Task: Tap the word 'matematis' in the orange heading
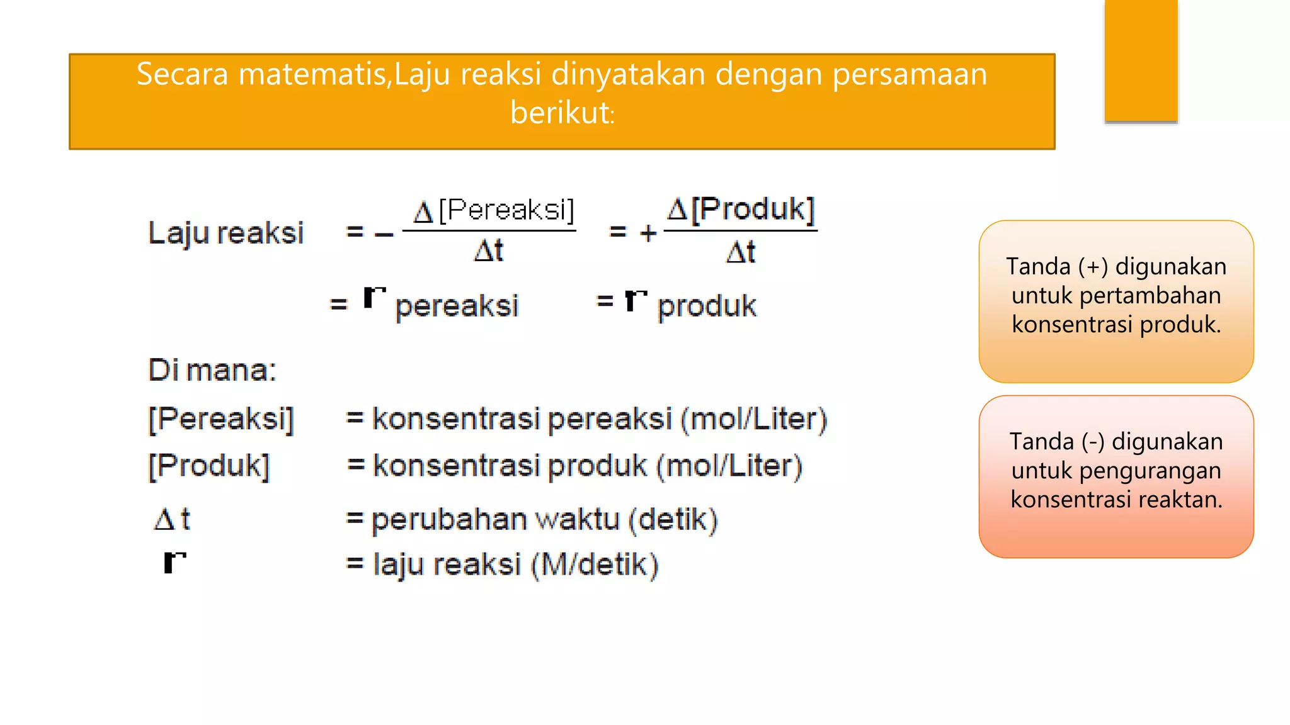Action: (x=312, y=74)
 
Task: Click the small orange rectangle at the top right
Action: (x=1141, y=60)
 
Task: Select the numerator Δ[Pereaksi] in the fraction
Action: (x=494, y=210)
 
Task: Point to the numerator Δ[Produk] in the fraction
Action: (x=741, y=209)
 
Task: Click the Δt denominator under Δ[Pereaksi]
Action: (x=489, y=250)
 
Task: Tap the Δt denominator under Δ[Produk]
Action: (x=741, y=252)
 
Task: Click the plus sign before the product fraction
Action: (x=648, y=233)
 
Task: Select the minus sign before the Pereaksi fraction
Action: (x=384, y=235)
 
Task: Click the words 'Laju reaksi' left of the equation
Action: (x=225, y=233)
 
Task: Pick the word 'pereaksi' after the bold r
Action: (x=457, y=306)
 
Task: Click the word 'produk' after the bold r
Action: (x=707, y=306)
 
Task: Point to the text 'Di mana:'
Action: (x=212, y=369)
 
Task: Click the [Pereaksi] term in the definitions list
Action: (x=221, y=419)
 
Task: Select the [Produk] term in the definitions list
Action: (x=209, y=466)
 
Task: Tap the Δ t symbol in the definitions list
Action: (x=172, y=519)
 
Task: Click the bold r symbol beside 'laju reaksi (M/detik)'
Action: (x=174, y=561)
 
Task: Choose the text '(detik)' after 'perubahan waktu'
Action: (x=673, y=520)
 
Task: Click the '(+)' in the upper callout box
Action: (x=1093, y=266)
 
